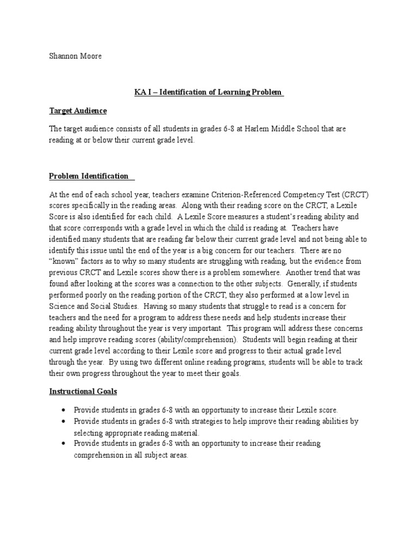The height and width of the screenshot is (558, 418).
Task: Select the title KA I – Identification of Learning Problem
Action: point(209,92)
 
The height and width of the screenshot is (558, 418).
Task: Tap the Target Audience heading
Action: point(78,111)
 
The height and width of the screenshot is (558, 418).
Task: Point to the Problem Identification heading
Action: point(89,176)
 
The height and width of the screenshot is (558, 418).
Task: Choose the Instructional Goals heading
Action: point(83,391)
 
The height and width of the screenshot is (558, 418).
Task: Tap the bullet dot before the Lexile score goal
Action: point(64,410)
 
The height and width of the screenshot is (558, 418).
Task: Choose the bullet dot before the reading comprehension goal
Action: point(64,444)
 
